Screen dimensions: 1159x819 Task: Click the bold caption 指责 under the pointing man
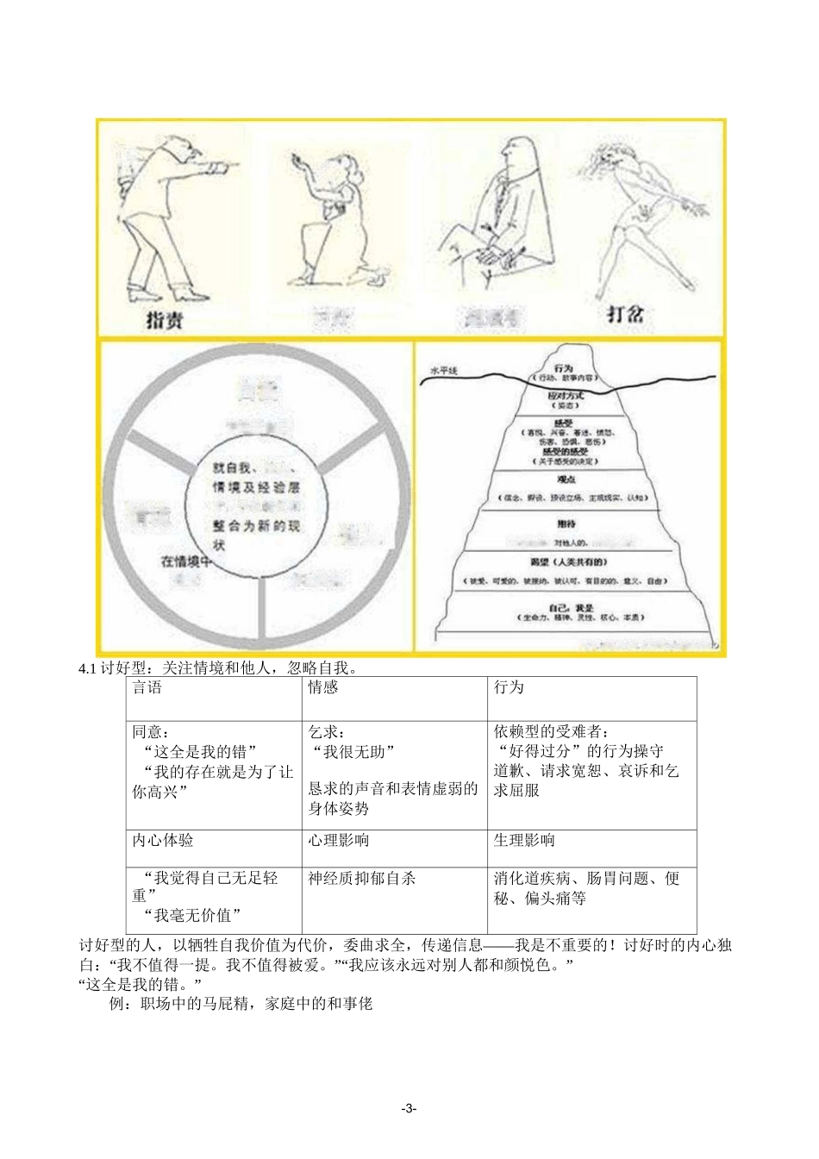164,321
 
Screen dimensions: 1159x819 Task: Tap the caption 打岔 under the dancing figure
625,313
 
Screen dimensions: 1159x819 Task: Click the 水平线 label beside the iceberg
444,372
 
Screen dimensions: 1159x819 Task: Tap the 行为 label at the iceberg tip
564,368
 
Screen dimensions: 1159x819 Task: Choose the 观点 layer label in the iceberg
566,479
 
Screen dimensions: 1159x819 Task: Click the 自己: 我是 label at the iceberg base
571,608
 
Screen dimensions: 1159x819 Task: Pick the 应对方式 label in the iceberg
566,396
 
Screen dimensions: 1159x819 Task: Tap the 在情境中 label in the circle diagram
187,561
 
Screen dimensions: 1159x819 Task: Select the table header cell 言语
147,687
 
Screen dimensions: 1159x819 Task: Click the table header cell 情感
323,687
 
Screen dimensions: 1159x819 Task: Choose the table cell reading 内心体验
163,840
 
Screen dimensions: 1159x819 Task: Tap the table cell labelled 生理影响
524,840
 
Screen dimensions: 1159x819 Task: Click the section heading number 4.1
88,668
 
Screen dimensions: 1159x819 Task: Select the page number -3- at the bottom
409,1109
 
